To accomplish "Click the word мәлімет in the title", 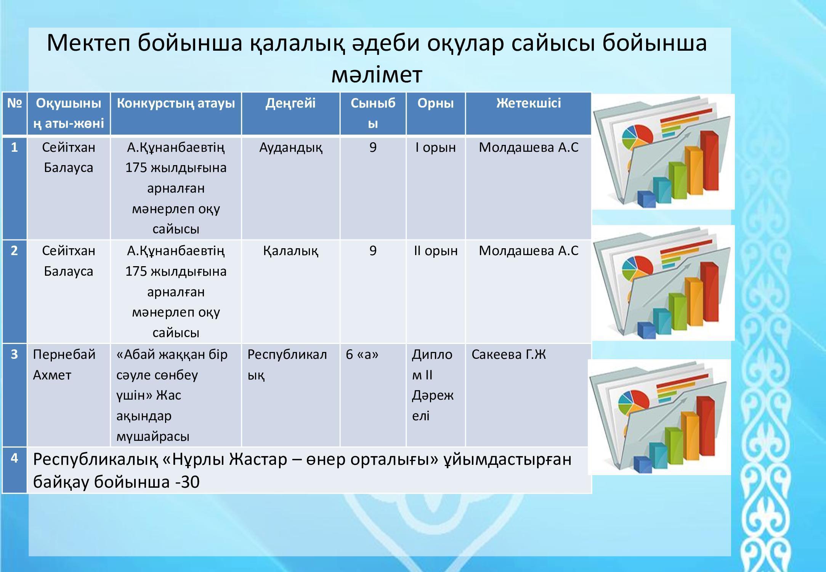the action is point(377,75).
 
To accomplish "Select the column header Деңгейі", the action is point(290,103).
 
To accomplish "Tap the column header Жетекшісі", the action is point(528,103).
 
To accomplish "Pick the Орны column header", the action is point(435,103).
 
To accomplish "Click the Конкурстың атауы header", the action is point(176,103).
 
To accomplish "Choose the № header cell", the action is point(14,103).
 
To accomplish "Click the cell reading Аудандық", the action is point(290,148).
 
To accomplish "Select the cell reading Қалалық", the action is point(290,251).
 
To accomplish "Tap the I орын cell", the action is point(435,148).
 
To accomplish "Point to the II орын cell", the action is point(435,251).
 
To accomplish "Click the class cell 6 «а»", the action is point(362,355).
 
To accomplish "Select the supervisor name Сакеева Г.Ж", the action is point(508,354).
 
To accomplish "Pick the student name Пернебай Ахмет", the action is point(64,365).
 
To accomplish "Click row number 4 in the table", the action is point(14,458).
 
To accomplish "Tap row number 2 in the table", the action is point(14,251).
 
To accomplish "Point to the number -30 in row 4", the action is point(187,482).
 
